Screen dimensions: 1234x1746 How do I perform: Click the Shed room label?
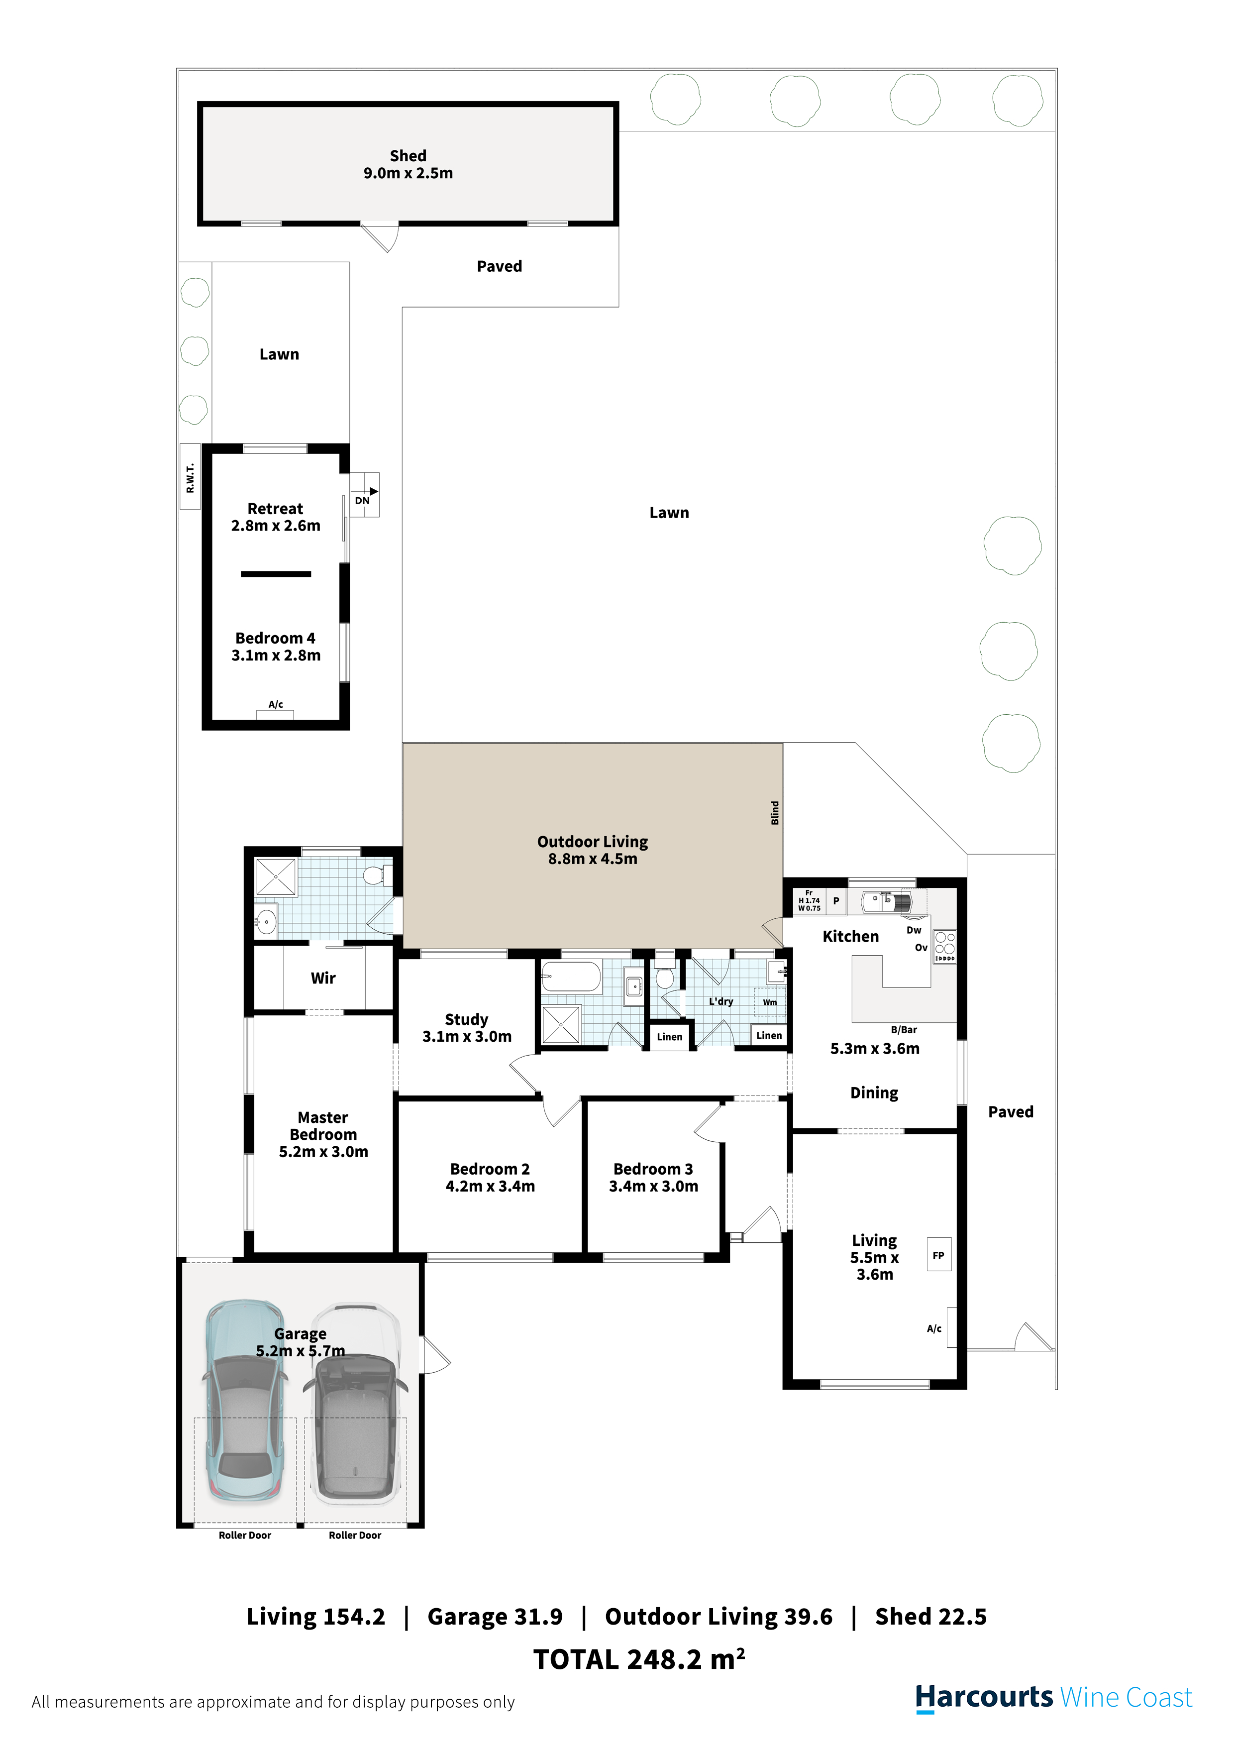(409, 164)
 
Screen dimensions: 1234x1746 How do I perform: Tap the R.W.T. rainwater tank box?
(190, 477)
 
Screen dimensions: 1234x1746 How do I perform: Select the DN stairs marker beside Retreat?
(364, 495)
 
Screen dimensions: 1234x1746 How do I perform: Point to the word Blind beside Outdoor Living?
(775, 812)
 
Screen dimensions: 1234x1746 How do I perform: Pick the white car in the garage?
(356, 1406)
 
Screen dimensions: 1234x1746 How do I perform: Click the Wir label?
(323, 978)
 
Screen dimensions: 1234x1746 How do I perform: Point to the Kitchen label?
(851, 937)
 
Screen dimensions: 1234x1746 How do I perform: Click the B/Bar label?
(904, 1030)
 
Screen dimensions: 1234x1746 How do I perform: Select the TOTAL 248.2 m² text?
(639, 1659)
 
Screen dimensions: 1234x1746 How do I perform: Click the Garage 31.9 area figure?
(495, 1617)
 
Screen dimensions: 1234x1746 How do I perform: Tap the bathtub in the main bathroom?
(571, 977)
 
